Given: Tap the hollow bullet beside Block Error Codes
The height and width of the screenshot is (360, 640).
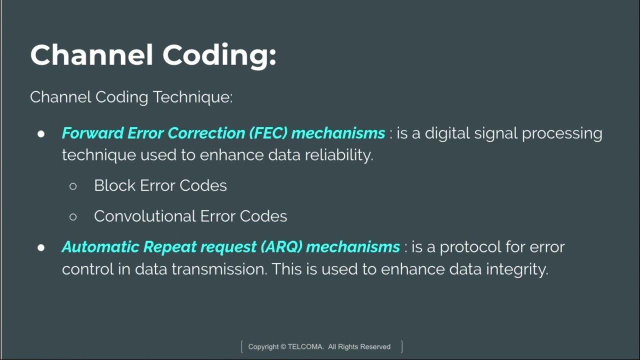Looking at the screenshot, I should point(73,186).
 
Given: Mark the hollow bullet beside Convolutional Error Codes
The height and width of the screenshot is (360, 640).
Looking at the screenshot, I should point(73,216).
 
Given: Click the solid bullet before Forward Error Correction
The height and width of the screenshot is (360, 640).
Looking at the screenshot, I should point(41,133).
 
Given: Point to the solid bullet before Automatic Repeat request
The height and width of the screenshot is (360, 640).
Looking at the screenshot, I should point(41,247).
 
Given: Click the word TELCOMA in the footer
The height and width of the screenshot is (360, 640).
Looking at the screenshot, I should point(306,346).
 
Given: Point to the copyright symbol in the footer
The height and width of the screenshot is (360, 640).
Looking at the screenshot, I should point(283,346).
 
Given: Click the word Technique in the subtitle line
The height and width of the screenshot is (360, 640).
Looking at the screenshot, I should point(192,97).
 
